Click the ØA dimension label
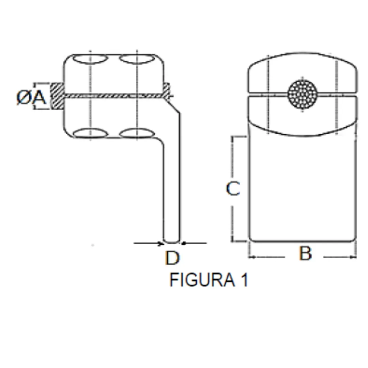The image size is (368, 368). click(x=32, y=98)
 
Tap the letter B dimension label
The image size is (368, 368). click(x=305, y=254)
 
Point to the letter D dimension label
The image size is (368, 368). click(x=172, y=258)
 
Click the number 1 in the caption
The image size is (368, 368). click(x=243, y=281)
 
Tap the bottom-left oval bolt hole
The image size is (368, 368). click(x=91, y=133)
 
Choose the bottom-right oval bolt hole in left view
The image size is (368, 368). click(x=137, y=133)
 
